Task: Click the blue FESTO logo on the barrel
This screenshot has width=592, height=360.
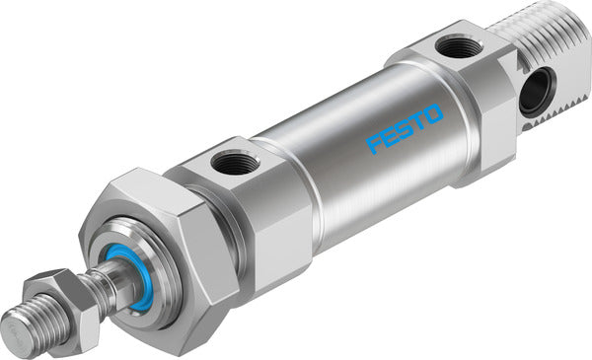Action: [x=406, y=129]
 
